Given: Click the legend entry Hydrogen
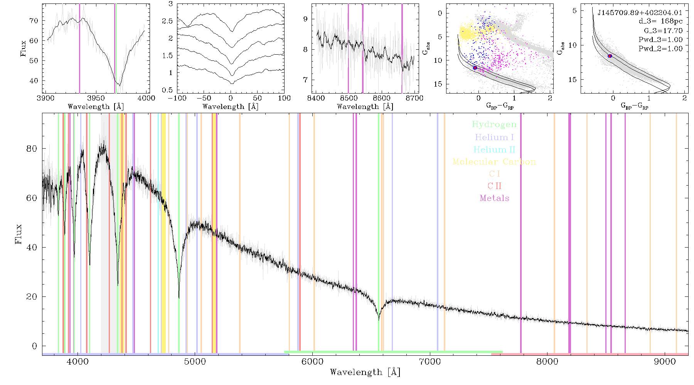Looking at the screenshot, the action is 494,124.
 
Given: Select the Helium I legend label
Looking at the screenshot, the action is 494,137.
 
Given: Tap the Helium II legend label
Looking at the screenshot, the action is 494,149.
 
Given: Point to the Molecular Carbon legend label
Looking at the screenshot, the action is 494,162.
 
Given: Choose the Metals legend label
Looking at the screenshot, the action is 494,198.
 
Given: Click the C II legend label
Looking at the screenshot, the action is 494,186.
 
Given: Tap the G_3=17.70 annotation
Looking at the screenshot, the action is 663,31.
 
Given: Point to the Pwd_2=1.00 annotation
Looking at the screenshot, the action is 660,49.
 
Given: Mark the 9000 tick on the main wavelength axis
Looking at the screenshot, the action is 665,362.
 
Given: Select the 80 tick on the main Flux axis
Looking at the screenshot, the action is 32,149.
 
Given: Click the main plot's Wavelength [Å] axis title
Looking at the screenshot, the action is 365,372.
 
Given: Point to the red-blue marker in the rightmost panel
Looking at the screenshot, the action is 610,56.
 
